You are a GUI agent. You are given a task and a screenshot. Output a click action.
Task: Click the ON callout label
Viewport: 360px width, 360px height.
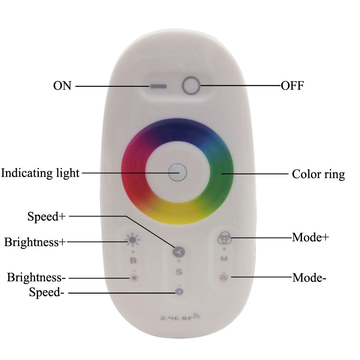pyautogui.click(x=62, y=86)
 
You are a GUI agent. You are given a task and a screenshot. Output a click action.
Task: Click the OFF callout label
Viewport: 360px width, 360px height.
pyautogui.click(x=292, y=86)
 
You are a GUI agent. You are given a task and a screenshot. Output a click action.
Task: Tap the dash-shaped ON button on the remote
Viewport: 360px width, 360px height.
pyautogui.click(x=158, y=86)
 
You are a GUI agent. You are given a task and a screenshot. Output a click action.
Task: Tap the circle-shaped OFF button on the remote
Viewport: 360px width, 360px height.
pyautogui.click(x=191, y=86)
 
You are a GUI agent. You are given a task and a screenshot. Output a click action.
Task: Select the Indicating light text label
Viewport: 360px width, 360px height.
pyautogui.click(x=40, y=173)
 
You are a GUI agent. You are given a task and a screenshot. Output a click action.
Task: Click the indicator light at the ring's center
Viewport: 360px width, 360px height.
pyautogui.click(x=177, y=172)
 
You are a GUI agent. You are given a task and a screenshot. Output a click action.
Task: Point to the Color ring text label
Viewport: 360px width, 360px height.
pyautogui.click(x=318, y=174)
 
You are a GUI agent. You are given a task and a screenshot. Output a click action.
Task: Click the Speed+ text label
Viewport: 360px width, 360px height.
pyautogui.click(x=46, y=216)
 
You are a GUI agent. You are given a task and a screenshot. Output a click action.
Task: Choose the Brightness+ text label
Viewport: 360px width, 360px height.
pyautogui.click(x=35, y=242)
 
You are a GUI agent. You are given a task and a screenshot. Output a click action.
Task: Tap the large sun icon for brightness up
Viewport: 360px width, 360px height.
pyautogui.click(x=133, y=240)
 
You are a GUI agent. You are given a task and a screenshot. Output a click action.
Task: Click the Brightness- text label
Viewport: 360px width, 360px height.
pyautogui.click(x=36, y=277)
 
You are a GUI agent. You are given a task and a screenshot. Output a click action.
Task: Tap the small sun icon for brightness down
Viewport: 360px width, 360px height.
pyautogui.click(x=134, y=278)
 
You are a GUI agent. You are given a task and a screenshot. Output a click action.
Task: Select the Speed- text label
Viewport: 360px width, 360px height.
pyautogui.click(x=46, y=292)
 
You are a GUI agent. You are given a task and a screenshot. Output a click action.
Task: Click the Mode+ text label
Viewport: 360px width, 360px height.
pyautogui.click(x=310, y=237)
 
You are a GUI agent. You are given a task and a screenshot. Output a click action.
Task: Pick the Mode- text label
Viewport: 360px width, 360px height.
pyautogui.click(x=309, y=278)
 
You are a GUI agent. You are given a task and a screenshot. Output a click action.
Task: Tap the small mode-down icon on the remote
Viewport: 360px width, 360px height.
pyautogui.click(x=224, y=277)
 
